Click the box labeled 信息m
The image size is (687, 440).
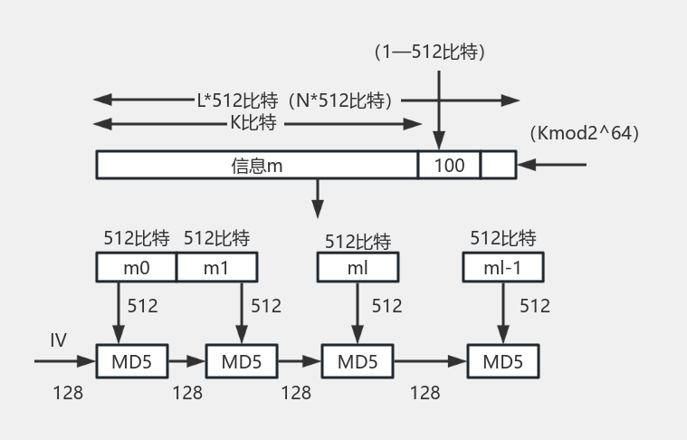coord(257,165)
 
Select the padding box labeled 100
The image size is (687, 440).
coord(449,165)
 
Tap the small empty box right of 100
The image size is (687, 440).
coord(498,165)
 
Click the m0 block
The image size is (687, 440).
coord(136,267)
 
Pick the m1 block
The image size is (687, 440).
coord(216,267)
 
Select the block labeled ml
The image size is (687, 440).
coord(357,267)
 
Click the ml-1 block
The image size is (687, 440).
coord(502,267)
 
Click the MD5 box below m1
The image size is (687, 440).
coord(242,362)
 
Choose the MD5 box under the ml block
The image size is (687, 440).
coord(358,362)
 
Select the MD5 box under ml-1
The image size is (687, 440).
coord(502,362)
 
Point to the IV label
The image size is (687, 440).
coord(59,340)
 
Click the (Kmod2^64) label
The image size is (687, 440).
coord(587,133)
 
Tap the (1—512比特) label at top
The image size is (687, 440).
coord(430,53)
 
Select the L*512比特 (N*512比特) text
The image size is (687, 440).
coord(299,100)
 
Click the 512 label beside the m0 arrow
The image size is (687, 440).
coord(142,306)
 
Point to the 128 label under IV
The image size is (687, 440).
coord(68,392)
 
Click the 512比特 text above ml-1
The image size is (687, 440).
coord(503,239)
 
